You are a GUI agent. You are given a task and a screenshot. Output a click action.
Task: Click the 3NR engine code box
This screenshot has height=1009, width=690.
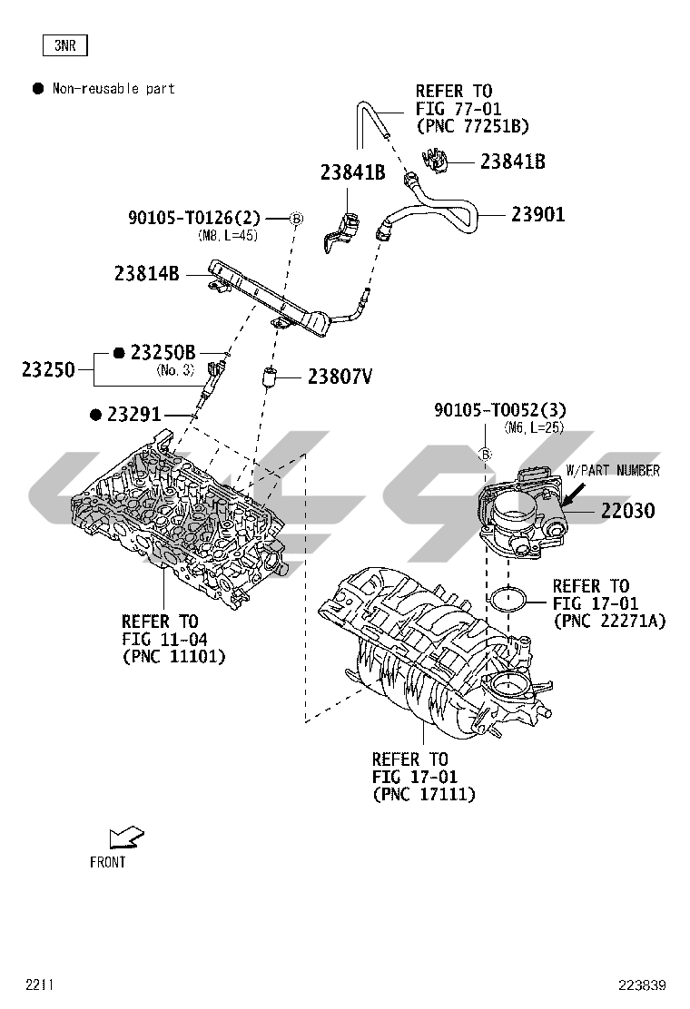[64, 45]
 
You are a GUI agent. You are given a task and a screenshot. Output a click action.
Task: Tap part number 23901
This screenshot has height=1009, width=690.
[537, 215]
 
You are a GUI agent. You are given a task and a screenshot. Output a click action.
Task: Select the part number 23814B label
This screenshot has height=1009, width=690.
[147, 272]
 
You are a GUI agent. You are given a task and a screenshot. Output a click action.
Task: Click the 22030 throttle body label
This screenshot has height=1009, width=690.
[626, 511]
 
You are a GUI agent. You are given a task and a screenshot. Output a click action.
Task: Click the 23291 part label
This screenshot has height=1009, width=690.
[134, 415]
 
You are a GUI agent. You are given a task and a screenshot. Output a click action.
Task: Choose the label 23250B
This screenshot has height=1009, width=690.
[163, 352]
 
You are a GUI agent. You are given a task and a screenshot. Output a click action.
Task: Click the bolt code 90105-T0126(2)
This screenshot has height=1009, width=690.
[194, 218]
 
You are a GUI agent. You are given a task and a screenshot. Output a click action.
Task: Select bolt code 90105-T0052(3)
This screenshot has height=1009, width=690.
[500, 410]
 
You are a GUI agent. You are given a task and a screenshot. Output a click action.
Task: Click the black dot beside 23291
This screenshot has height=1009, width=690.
[96, 415]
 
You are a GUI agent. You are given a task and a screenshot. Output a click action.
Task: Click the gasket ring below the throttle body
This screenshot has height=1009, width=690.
[508, 599]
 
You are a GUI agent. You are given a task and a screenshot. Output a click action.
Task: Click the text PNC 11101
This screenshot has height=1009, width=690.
[173, 656]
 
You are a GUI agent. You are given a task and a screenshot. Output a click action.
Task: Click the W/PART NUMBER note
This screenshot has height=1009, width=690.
[613, 471]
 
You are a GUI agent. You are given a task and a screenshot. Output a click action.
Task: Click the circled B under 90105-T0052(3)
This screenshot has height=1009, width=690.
[486, 454]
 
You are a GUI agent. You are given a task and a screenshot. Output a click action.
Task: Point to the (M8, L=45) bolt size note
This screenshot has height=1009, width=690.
[228, 235]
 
